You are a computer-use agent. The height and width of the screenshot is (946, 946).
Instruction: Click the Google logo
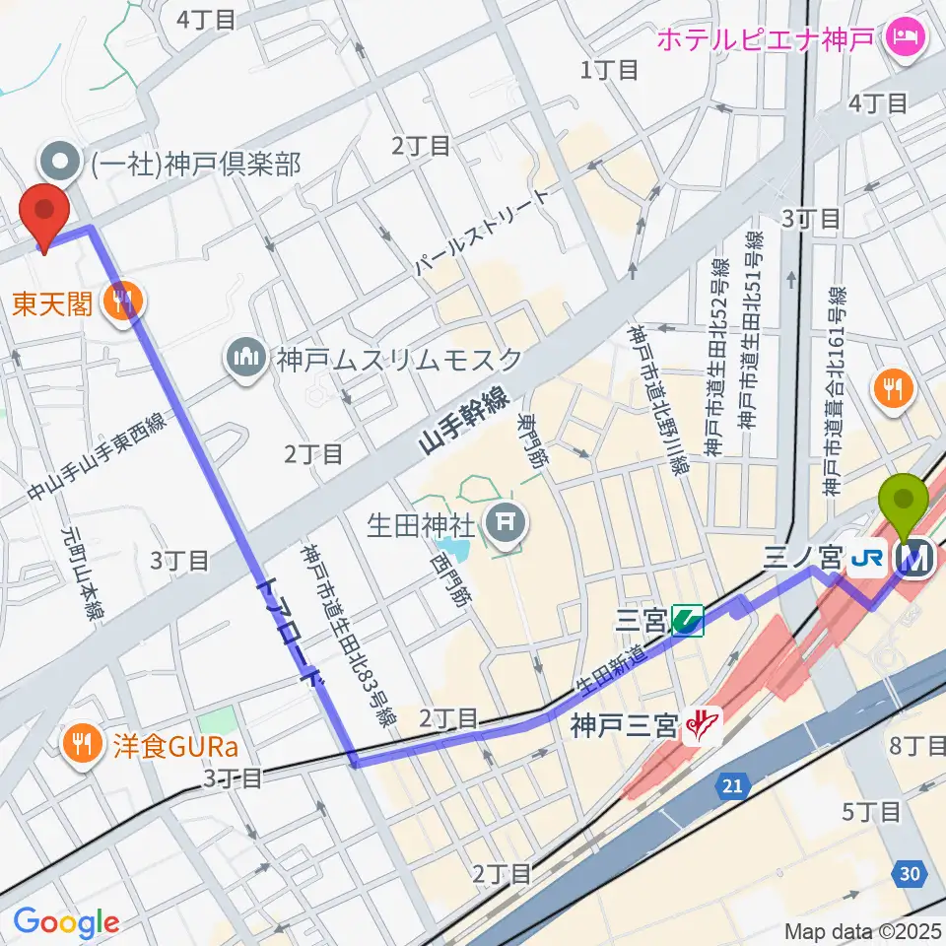[x=66, y=922]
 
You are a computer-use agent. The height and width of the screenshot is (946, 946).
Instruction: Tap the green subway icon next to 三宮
[x=687, y=621]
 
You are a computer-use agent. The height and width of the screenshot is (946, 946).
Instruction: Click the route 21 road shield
[x=731, y=785]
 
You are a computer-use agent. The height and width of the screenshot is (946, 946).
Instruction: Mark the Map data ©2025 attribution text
[x=863, y=930]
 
